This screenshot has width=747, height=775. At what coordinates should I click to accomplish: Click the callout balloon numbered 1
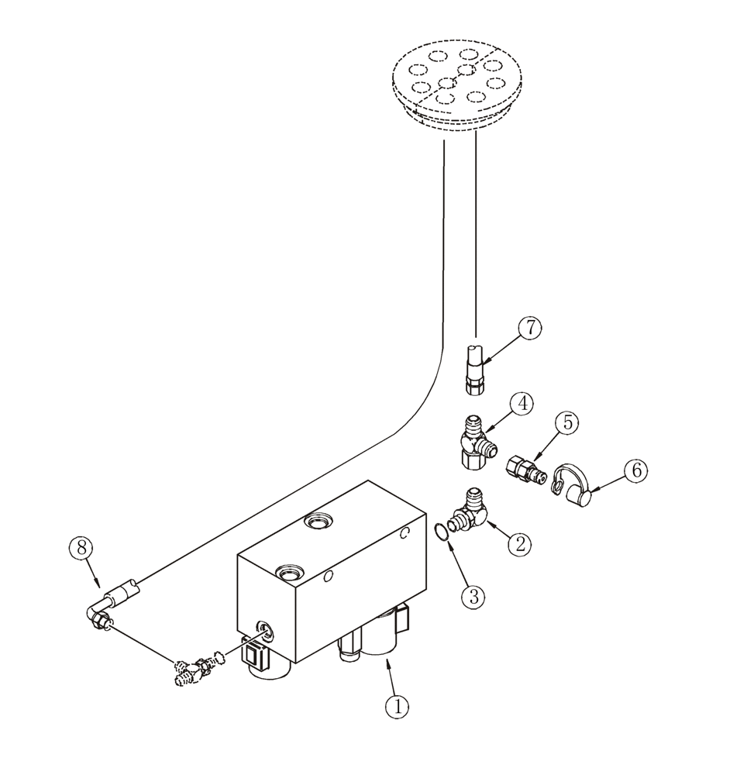[x=398, y=707]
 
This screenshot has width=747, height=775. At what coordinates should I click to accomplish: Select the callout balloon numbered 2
[x=520, y=542]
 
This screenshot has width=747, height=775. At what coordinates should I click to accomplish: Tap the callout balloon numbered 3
[x=474, y=597]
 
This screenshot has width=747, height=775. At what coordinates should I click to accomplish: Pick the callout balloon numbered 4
[x=522, y=404]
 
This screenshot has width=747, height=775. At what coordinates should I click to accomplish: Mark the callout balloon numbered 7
[x=529, y=328]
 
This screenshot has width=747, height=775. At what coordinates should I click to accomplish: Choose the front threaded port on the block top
[x=287, y=574]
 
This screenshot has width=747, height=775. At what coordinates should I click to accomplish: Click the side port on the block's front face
[x=264, y=630]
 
